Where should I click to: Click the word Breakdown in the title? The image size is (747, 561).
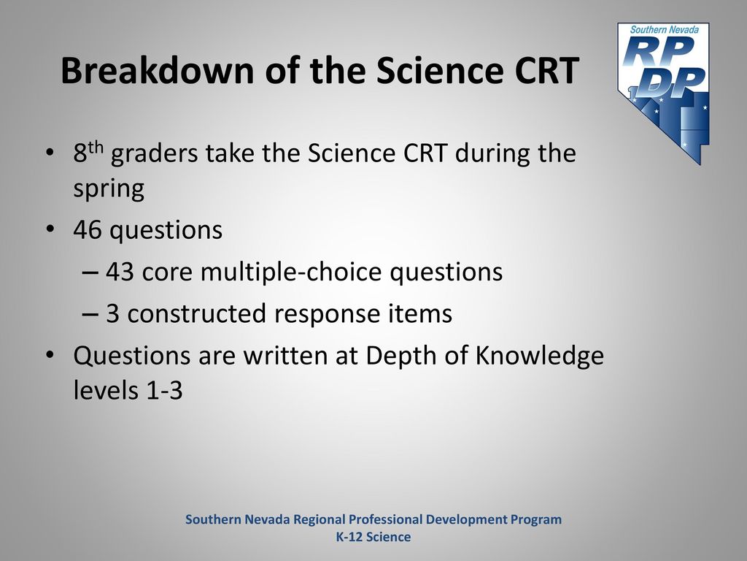click(x=158, y=71)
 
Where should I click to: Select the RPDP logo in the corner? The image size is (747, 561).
click(x=663, y=93)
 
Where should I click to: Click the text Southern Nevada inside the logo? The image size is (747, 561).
click(x=665, y=29)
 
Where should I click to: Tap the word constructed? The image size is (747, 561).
click(x=196, y=314)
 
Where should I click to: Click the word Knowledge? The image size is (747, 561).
click(x=540, y=356)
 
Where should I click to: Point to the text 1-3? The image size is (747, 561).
click(x=164, y=390)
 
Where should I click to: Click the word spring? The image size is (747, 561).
click(x=109, y=190)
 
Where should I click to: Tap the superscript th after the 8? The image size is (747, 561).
click(x=96, y=146)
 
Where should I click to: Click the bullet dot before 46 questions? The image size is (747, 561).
click(x=50, y=229)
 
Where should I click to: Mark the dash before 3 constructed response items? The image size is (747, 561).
click(x=90, y=314)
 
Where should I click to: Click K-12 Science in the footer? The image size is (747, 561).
click(x=373, y=537)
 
